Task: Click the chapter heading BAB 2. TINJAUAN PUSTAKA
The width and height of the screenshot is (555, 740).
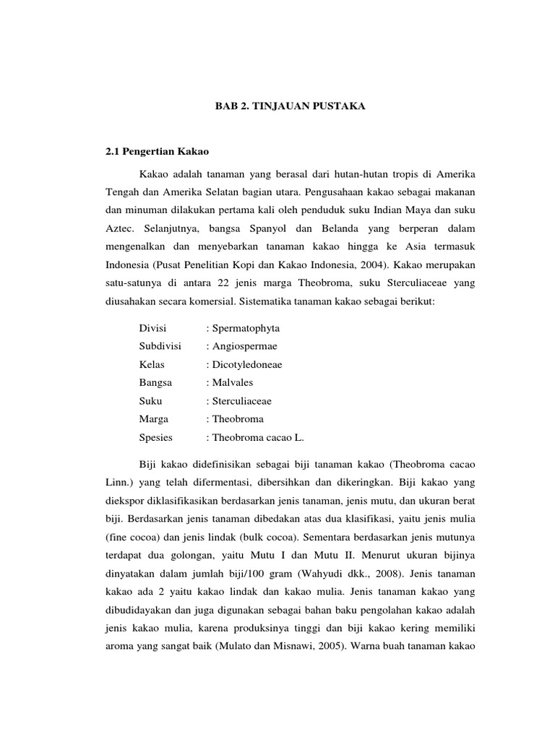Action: pos(291,106)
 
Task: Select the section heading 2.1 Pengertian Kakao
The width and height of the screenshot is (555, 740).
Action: pos(158,152)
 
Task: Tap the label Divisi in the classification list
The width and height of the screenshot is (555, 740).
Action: pos(152,328)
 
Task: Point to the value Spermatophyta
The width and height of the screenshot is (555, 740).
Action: pos(244,328)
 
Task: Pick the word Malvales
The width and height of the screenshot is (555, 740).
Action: pos(231,382)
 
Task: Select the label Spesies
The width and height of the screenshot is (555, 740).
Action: pos(156,437)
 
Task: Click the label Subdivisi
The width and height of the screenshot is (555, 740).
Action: pos(160,346)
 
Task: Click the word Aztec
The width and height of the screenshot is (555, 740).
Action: pos(119,228)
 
